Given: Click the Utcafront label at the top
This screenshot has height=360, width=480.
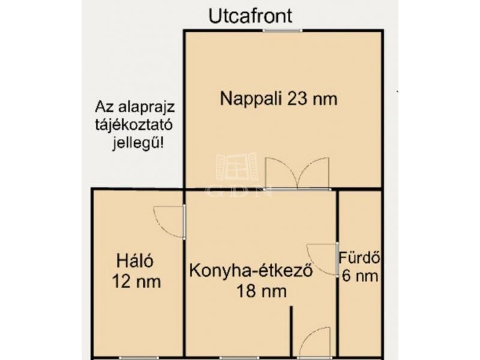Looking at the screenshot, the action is pos(250,16).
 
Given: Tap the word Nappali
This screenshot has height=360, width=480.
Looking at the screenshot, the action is pos(251,100).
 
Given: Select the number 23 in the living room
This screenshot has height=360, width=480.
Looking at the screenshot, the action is pos(297,98).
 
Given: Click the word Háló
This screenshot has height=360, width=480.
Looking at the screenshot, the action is pos(134,261).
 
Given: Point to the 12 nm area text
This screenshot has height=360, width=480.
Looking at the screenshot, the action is pos(137,281).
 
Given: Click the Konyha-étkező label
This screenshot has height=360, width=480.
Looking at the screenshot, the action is pos(251,271).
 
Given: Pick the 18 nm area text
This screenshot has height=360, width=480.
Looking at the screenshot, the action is pos(262,291).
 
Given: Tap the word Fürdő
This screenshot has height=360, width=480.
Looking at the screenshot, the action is pos(359,258).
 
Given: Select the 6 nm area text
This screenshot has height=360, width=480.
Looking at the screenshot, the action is pos(360,276).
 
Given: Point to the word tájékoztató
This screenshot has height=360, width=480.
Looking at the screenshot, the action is pos(134,125).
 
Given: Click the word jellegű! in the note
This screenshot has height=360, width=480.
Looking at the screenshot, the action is pos(138,143).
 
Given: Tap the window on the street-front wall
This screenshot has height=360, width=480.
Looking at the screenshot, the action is pos(282,31).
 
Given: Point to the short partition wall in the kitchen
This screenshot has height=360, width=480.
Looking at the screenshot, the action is pos(292,332).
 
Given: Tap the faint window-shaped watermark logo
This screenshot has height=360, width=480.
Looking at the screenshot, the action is pos(237,166).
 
